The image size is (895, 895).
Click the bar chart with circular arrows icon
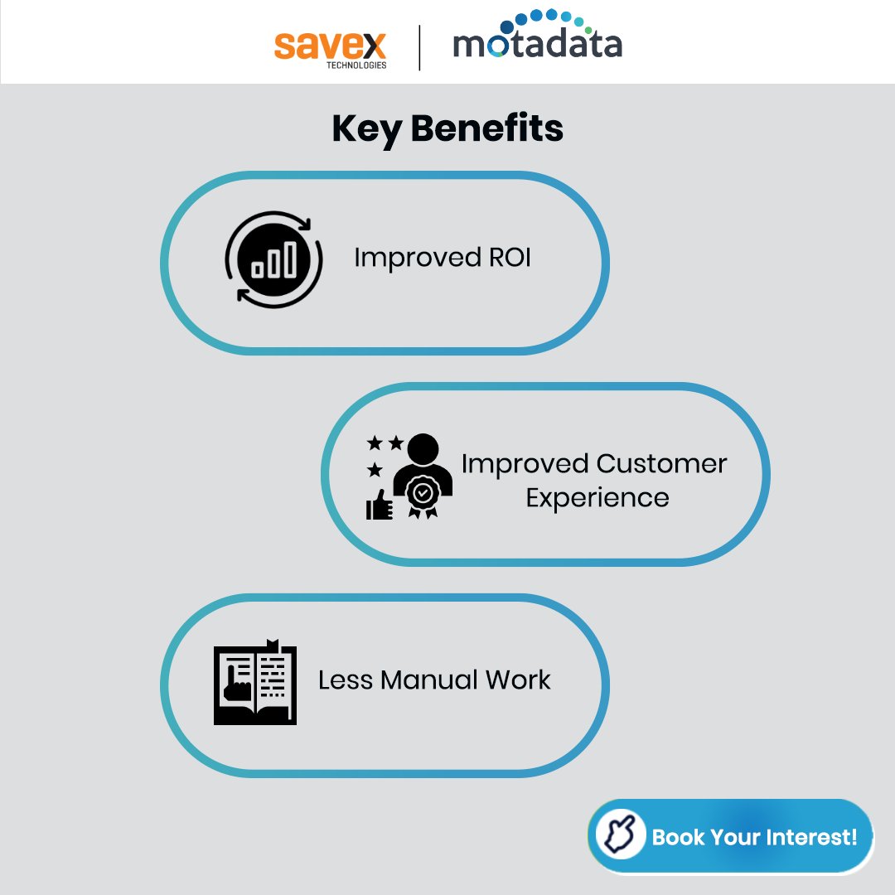(x=273, y=259)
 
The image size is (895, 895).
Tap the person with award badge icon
(x=423, y=476)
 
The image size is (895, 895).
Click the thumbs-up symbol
(x=380, y=504)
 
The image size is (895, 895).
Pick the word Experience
(x=597, y=498)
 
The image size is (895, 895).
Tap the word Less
(x=346, y=680)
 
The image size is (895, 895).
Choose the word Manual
(x=429, y=680)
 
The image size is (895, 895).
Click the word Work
(x=518, y=680)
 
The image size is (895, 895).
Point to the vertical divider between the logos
(x=419, y=47)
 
